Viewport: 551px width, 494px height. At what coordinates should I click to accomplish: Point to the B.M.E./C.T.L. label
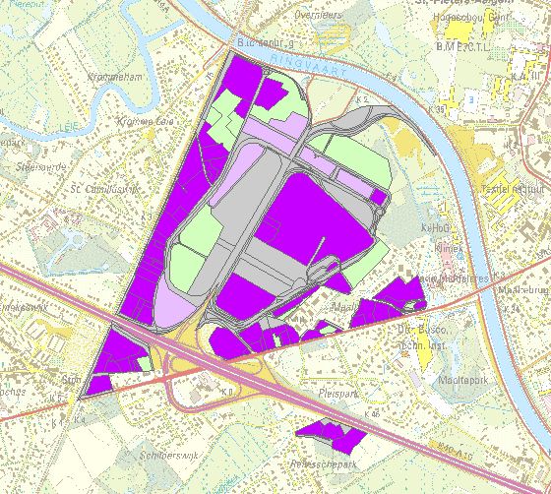coord(461,46)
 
